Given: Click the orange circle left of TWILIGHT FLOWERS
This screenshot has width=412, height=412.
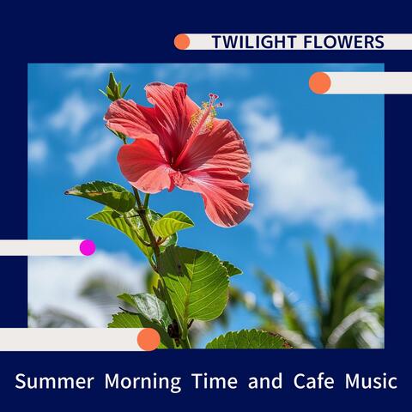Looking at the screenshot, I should (182, 42).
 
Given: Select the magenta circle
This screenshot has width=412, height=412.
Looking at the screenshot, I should (88, 247).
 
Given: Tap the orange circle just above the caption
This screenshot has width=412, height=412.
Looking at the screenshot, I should (148, 339).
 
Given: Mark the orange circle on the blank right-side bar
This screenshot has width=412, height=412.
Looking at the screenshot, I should (319, 82).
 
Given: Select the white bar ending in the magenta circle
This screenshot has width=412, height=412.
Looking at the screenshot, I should (39, 247).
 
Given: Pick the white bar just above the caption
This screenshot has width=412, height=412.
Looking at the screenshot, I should (69, 339).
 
